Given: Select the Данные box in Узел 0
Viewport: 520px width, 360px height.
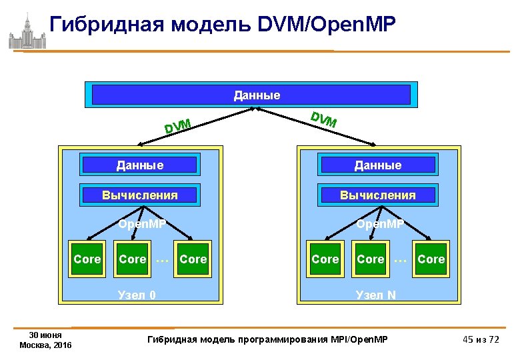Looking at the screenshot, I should tap(139, 165).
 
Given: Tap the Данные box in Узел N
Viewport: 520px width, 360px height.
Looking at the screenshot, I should tap(378, 165).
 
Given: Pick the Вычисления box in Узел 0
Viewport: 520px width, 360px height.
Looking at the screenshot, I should tap(139, 195).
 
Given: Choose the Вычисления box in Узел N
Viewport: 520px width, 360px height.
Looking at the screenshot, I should tap(378, 195).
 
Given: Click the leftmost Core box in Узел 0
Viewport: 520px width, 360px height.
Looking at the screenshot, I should tap(87, 259).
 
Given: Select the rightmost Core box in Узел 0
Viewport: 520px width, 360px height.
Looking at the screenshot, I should tap(193, 259).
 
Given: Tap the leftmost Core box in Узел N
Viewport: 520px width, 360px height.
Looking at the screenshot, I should tap(325, 259).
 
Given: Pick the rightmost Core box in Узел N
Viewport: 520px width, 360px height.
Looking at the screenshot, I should tap(431, 259).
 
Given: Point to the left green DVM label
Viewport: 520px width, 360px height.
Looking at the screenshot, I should tap(178, 125).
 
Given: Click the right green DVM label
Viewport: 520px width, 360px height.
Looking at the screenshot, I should tap(324, 119).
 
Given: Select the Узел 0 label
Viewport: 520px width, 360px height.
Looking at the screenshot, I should tap(137, 294).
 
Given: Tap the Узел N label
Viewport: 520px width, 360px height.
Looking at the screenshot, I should tap(376, 294).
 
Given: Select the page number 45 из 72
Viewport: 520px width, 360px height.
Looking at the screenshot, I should tap(481, 340).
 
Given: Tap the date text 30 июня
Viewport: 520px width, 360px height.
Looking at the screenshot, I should tap(46, 335).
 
